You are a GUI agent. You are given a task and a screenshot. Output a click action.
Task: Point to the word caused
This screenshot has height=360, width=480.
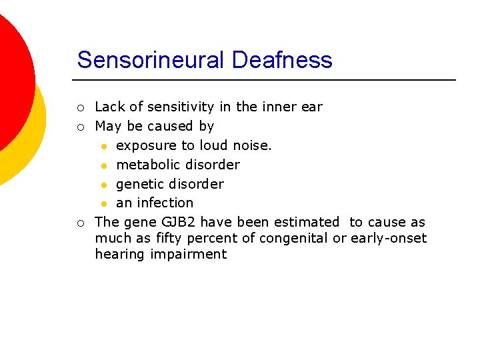pos(171,126)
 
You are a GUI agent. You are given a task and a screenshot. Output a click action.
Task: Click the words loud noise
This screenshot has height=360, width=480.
pos(235,145)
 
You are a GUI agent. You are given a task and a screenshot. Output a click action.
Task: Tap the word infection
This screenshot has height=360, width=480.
pos(165,203)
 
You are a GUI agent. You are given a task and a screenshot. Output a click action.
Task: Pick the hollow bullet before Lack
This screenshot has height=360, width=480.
pos(80,107)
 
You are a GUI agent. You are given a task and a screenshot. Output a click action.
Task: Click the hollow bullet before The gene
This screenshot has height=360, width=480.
pos(80,223)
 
